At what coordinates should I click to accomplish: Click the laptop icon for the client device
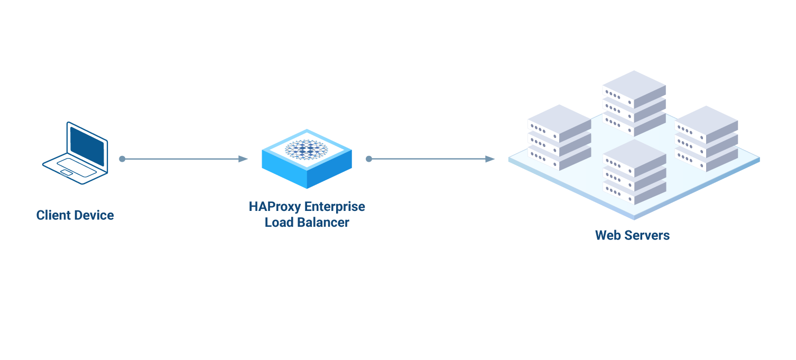pos(75,153)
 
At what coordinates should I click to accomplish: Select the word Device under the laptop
pos(95,216)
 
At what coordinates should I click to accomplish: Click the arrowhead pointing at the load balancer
pos(243,159)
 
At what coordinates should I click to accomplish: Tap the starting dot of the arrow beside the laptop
pos(122,159)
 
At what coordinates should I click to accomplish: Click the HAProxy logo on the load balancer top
pos(307,149)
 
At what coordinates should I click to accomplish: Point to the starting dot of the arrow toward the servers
pos(369,159)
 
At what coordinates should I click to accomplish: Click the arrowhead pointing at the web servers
pos(490,159)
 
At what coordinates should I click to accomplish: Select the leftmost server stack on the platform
pos(559,137)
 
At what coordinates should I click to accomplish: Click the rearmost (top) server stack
pos(634,103)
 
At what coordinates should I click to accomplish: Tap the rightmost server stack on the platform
pos(706,139)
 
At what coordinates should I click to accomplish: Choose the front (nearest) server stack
pos(634,172)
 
